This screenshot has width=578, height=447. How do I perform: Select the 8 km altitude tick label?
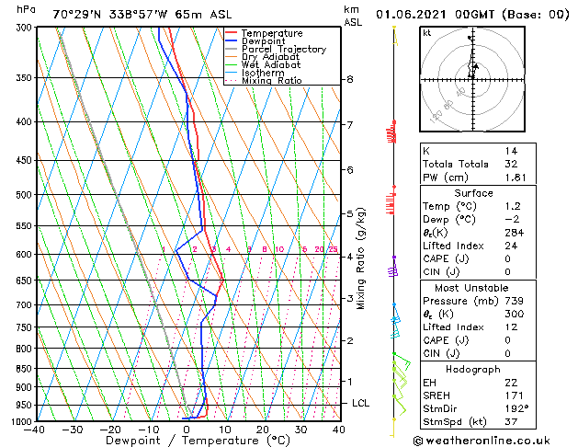tap(350, 80)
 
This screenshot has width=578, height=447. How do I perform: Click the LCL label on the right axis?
tap(361, 404)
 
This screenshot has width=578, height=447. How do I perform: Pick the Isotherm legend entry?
tap(266, 73)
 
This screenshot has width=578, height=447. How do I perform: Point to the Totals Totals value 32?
tap(510, 164)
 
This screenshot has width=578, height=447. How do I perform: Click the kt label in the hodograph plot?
tap(427, 33)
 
